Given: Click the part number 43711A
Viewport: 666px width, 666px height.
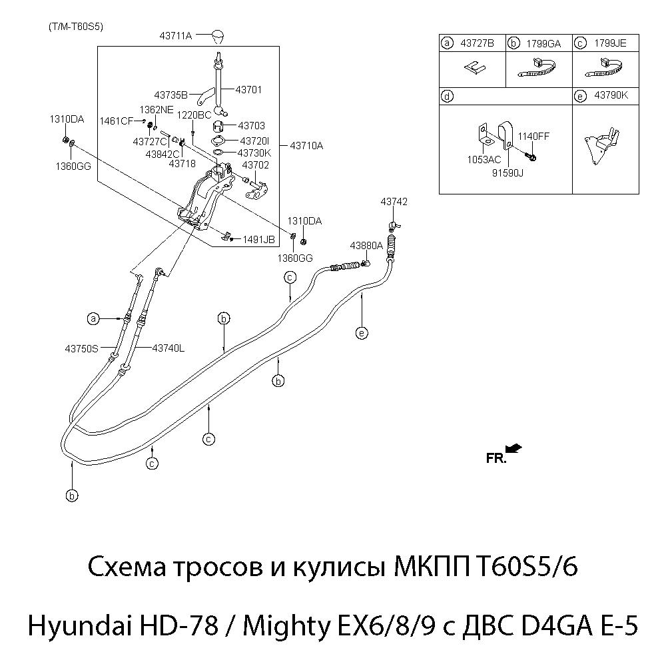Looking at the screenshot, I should [176, 35].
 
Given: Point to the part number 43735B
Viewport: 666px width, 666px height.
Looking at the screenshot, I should [170, 95].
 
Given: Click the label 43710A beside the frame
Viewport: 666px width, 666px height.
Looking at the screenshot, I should [306, 145].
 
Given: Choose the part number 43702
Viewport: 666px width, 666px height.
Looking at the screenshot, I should [255, 165].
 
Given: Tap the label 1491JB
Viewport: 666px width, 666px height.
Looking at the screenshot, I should [258, 239].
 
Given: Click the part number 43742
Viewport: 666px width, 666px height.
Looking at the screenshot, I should [394, 201].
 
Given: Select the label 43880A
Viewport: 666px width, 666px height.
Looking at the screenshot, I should [366, 245].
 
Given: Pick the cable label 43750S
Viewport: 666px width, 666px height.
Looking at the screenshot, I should [81, 348].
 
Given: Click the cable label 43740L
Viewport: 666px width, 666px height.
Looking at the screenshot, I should [168, 348].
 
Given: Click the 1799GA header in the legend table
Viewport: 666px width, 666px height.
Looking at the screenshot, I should [543, 44].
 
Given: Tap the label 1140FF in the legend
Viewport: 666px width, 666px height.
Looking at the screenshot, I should [534, 136].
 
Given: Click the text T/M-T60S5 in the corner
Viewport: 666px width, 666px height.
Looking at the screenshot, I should [75, 27].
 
